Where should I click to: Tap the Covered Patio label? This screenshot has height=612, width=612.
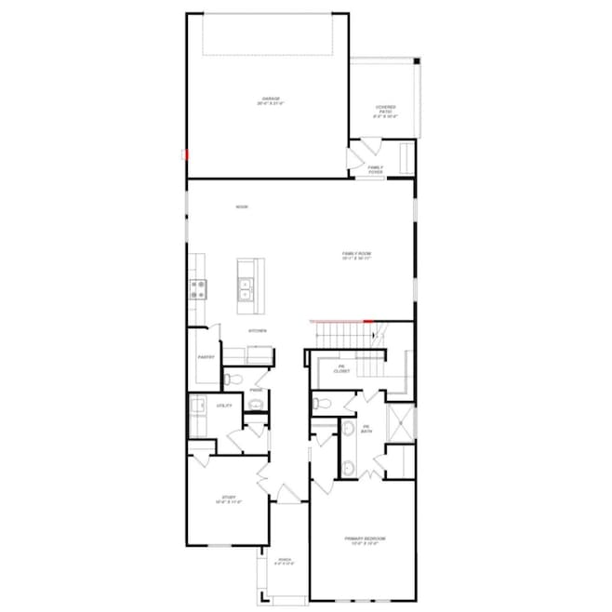(385, 112)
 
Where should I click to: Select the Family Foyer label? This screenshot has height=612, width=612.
(376, 169)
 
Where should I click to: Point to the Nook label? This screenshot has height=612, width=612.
(241, 206)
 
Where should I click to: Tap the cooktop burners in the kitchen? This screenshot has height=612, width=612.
(198, 289)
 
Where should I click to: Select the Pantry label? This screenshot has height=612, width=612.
(206, 357)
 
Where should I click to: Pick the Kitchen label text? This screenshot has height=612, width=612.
(258, 331)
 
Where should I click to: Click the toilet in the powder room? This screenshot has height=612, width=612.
(233, 379)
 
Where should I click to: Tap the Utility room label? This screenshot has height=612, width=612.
(224, 406)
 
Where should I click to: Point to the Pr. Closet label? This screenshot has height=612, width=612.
(341, 369)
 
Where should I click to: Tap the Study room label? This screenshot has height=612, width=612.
(229, 499)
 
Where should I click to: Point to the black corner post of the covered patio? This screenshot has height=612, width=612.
(418, 62)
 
